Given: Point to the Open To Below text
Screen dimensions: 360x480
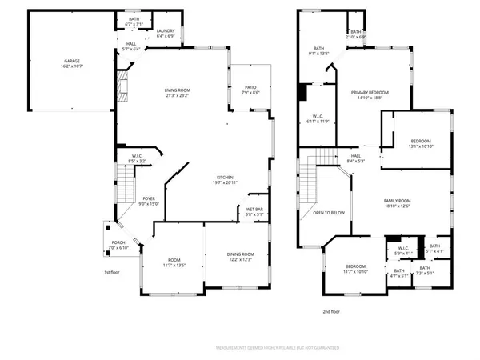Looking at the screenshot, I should [x=329, y=213].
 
